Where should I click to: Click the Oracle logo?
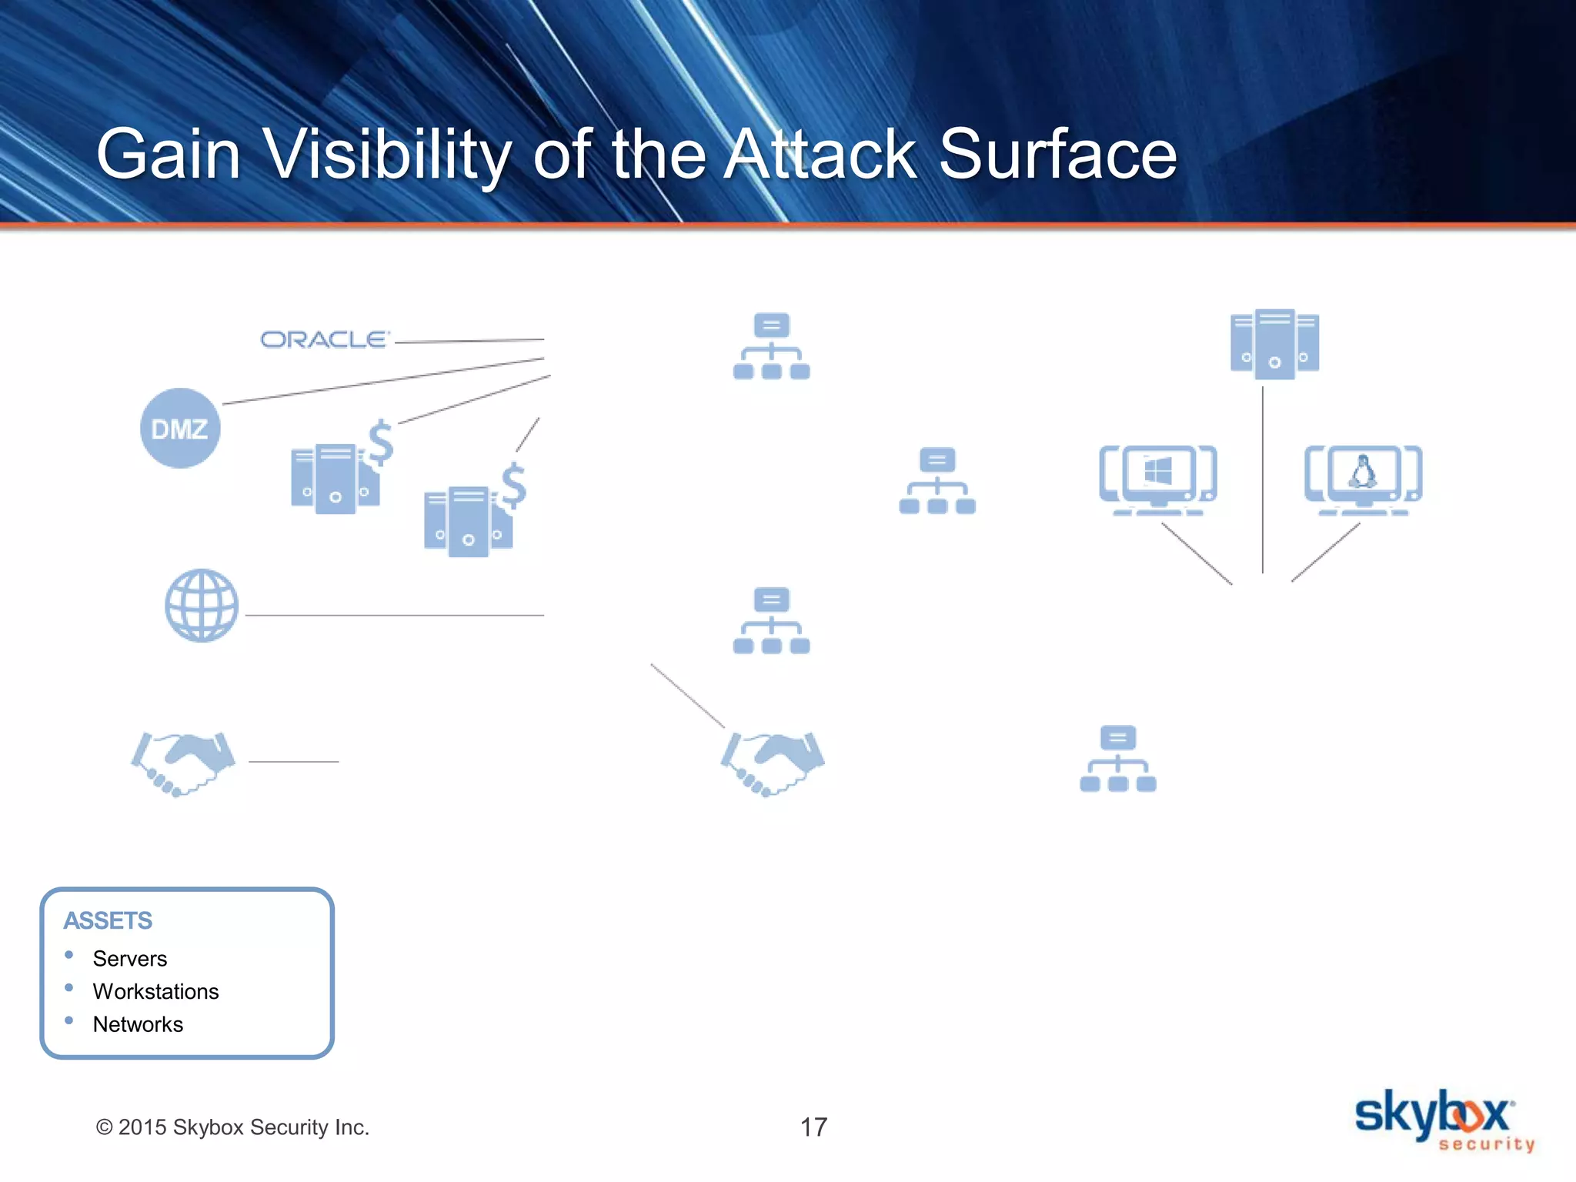tap(324, 339)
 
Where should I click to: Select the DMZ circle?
tap(180, 429)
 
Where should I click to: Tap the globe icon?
tap(202, 606)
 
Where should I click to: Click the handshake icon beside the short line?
tap(183, 763)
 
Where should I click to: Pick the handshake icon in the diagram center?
tap(772, 763)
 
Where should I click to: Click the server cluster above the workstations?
tap(1274, 344)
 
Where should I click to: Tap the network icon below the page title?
tap(771, 346)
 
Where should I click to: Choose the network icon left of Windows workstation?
tap(937, 481)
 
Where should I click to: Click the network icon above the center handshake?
tap(771, 621)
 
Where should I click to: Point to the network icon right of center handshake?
tap(1117, 759)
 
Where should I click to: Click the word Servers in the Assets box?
tap(130, 959)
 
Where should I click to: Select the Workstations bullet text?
tap(155, 992)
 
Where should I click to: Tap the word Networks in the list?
tap(138, 1025)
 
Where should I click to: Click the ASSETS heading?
tap(108, 921)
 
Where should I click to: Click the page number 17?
tap(813, 1127)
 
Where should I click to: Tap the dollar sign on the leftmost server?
tap(381, 442)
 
